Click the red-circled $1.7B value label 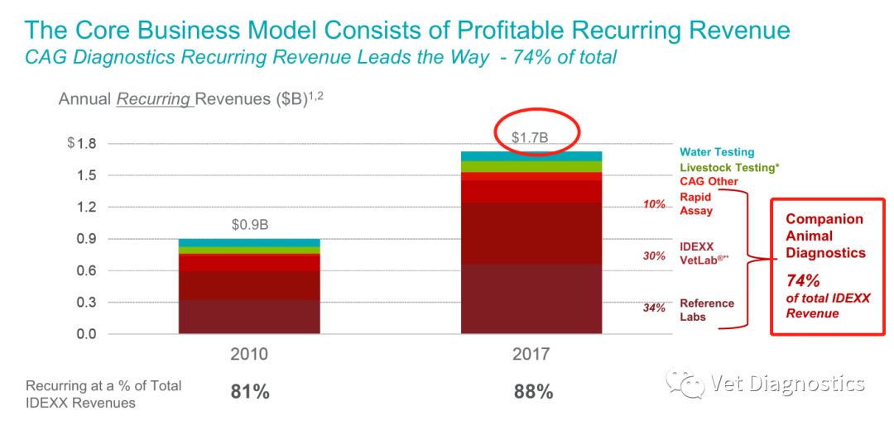[530, 137]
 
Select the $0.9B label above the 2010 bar [251, 225]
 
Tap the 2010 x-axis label [250, 355]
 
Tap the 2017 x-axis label [531, 355]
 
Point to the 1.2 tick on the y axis [86, 208]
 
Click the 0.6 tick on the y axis [86, 271]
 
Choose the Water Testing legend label [717, 152]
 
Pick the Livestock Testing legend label [729, 167]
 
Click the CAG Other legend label [709, 181]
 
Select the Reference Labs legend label [707, 310]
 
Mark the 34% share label [654, 308]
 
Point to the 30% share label [654, 256]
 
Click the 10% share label [654, 204]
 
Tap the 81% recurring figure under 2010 [250, 392]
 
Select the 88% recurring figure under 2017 [532, 392]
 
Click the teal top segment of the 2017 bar [531, 155]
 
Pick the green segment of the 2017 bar [531, 166]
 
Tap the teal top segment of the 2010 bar [250, 243]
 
